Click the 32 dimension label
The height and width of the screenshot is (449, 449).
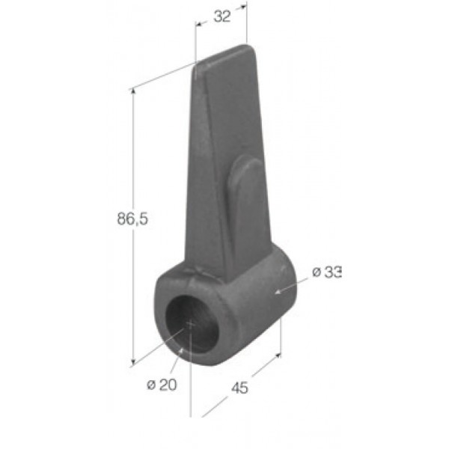click(222, 16)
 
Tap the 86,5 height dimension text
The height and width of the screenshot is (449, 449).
click(132, 219)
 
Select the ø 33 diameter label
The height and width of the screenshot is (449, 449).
click(327, 272)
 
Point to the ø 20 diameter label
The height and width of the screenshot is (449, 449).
click(162, 385)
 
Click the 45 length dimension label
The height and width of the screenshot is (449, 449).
click(239, 388)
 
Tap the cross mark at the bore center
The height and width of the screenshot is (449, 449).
click(191, 324)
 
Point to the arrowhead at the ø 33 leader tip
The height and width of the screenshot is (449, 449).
click(277, 292)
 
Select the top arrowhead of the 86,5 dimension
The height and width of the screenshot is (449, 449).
click(132, 91)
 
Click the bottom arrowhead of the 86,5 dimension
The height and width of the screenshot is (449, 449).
click(132, 362)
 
